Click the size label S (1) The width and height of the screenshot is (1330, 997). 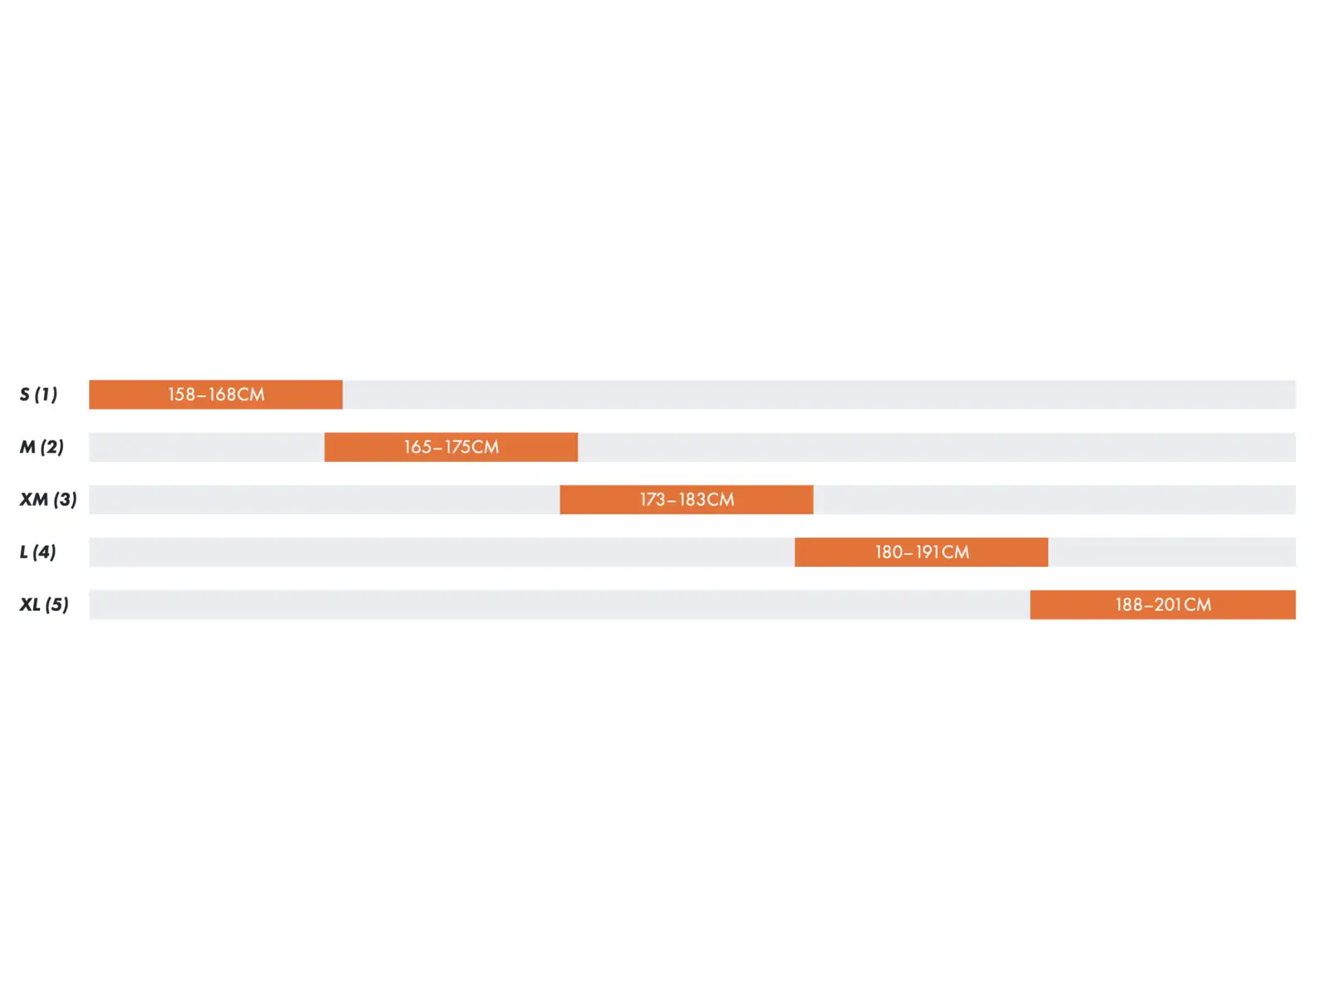point(38,394)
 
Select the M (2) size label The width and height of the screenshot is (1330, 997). point(42,447)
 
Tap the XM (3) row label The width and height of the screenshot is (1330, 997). point(48,499)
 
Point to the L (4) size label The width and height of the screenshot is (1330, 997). point(37,552)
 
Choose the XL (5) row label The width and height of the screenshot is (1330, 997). point(44,604)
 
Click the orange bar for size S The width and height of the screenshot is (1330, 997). point(215,395)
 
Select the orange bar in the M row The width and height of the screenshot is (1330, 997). point(451,447)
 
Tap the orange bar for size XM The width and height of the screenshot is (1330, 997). point(687,499)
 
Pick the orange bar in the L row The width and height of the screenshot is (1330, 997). point(922,552)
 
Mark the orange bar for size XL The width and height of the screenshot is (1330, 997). point(1164,605)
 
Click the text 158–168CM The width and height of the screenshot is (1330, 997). point(216,395)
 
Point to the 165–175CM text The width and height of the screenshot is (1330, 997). point(451,447)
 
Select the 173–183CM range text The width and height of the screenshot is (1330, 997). point(687,499)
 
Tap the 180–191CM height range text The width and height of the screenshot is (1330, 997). point(922,552)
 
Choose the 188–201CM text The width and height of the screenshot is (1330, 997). point(1164,605)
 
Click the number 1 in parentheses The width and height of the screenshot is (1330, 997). point(46,394)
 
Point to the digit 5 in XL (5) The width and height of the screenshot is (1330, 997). point(57,604)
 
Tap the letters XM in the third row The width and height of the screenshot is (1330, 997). point(34,499)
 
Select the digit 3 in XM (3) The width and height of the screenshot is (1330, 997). point(66,499)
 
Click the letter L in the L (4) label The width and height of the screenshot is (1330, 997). point(23,552)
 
